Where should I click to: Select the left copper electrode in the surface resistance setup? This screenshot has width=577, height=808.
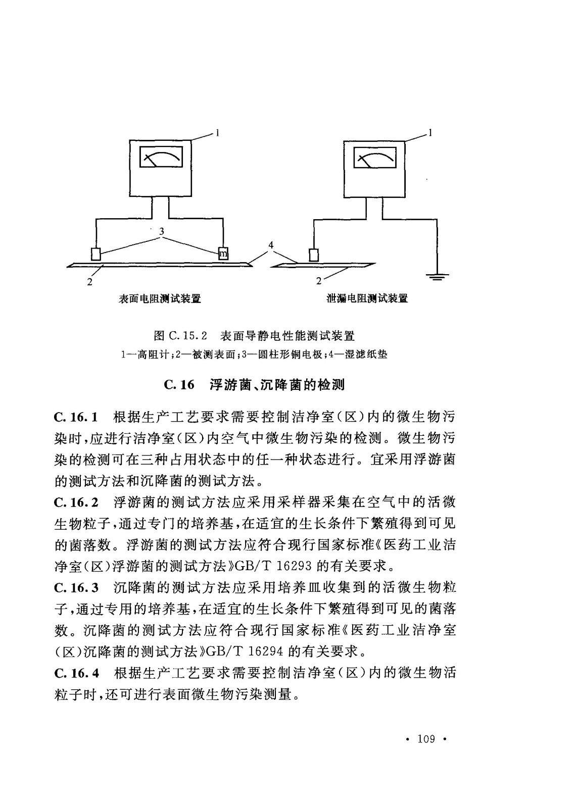tap(95, 252)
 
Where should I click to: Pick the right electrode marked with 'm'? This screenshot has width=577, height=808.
tap(223, 252)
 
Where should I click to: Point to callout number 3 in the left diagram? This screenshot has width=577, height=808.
tap(161, 231)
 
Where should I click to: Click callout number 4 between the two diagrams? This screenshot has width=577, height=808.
tap(271, 245)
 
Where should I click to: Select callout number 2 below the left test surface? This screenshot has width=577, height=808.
tap(89, 282)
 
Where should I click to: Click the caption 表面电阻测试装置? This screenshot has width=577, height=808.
tap(160, 298)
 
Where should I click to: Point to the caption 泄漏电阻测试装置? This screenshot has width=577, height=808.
tap(367, 298)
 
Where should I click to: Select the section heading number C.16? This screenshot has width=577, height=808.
tap(179, 385)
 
